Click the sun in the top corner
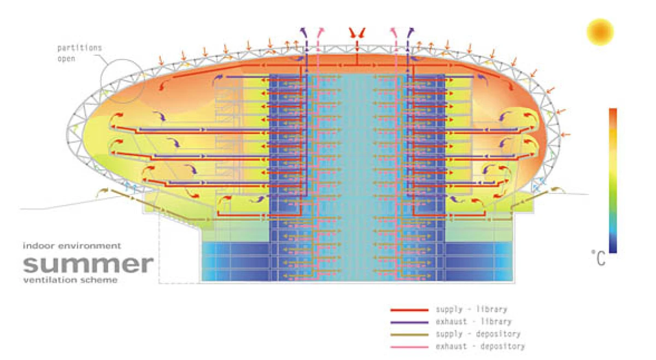point(600,32)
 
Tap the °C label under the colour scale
point(599,258)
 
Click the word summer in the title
point(88,264)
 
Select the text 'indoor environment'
point(72,246)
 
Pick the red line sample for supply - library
point(409,310)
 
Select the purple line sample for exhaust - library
point(409,322)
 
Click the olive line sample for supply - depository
point(409,334)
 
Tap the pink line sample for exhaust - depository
point(409,346)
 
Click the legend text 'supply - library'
point(471,310)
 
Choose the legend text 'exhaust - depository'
point(480,346)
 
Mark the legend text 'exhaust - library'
point(473,322)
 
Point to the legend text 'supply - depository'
point(478,334)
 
